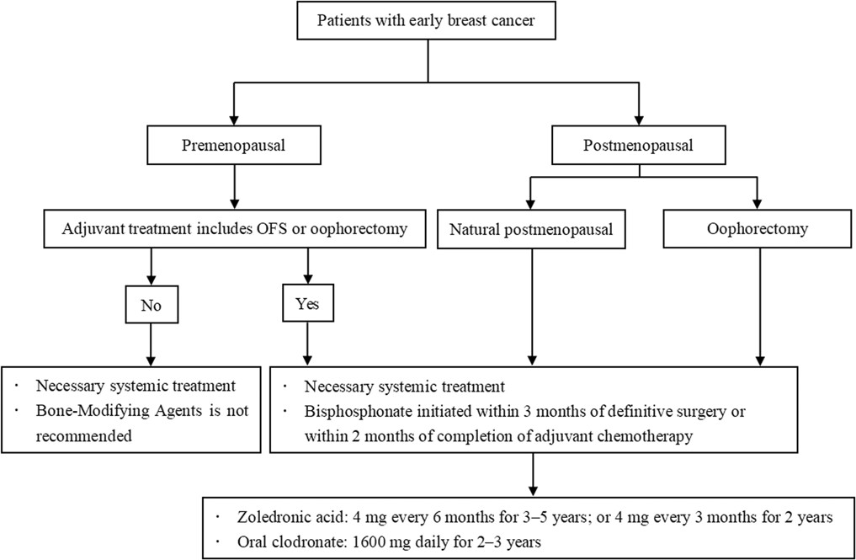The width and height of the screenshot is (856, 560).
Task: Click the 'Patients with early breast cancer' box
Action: tap(427, 21)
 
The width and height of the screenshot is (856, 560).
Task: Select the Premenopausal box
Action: tap(234, 146)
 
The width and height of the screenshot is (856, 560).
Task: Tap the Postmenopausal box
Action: tap(639, 146)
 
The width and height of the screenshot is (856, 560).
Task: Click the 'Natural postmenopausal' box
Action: tap(531, 229)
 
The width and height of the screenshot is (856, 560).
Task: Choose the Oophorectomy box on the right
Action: tap(758, 229)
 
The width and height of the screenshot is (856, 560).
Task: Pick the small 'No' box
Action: tap(152, 304)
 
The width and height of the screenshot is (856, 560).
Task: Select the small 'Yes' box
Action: tap(308, 302)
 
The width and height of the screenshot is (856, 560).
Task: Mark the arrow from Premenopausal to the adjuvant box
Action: tap(234, 186)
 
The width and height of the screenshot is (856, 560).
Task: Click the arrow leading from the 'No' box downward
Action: tap(152, 344)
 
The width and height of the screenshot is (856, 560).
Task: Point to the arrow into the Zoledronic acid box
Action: tap(533, 474)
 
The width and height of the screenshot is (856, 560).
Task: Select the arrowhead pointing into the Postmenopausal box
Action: tap(639, 120)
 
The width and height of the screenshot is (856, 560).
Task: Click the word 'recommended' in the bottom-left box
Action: tap(83, 436)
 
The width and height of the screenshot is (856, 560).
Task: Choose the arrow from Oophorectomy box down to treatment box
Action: tap(760, 307)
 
